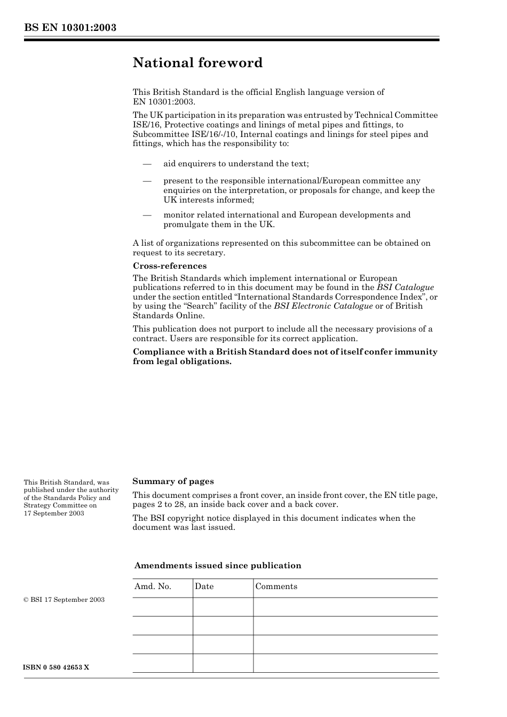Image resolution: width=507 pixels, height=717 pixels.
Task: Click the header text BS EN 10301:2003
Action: coord(70,28)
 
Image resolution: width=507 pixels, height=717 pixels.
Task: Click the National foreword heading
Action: coord(197,63)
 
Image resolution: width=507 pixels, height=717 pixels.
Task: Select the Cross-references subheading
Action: coord(169,266)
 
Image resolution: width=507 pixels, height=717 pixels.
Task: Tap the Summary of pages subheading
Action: coord(173,481)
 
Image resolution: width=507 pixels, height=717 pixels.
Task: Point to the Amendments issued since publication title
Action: coord(218,566)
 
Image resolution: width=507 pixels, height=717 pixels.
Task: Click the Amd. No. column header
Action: coord(153,586)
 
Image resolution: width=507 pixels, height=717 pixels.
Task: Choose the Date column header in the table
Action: coord(204,586)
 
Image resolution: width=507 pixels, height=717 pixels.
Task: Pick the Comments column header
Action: coord(276,586)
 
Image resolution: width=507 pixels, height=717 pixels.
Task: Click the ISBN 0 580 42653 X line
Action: coord(56,667)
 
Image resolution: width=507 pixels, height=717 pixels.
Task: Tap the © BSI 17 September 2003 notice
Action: coord(64,600)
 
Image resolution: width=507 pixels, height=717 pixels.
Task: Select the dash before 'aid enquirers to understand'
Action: coord(147,164)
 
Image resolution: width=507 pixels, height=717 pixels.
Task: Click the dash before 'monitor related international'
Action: coord(147,215)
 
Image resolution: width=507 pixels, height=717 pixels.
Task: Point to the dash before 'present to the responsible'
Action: coord(147,181)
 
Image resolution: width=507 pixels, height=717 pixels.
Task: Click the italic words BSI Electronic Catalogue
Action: coord(323,306)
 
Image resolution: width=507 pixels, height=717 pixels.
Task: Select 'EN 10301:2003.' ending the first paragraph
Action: coord(164,101)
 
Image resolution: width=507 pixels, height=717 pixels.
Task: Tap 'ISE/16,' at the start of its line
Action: coord(145,125)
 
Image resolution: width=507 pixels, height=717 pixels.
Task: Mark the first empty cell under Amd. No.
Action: coord(162,607)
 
